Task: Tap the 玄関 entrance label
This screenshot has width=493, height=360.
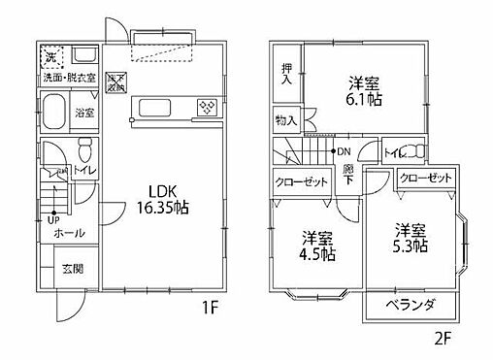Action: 73,270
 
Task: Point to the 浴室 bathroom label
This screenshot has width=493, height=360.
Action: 85,114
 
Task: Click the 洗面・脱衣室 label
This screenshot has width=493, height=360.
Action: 66,77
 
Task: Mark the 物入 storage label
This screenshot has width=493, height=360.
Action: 285,121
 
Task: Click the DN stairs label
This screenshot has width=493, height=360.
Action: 343,151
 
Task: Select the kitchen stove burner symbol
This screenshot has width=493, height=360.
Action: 208,108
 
